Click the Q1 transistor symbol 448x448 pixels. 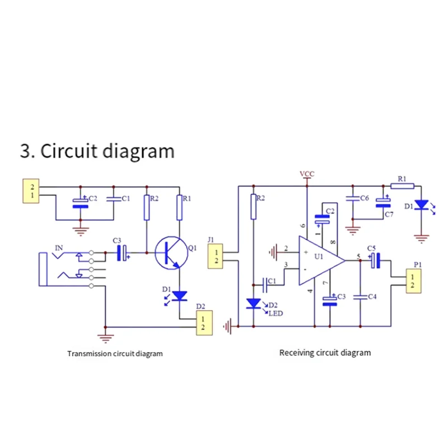point(171,253)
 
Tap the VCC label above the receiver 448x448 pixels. point(307,174)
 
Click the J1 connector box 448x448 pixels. point(215,256)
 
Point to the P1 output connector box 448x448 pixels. point(413,281)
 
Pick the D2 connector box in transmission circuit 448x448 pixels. point(204,323)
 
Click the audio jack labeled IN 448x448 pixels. point(72,269)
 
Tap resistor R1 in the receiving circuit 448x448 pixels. point(402,186)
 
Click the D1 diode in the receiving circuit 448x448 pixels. point(422,205)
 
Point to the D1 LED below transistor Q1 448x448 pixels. point(179,296)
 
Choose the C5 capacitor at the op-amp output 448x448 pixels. point(375,260)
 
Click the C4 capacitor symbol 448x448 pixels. point(361,297)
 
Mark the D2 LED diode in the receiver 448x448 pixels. point(254,304)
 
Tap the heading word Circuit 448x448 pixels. point(69,151)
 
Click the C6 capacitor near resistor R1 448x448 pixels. point(353,198)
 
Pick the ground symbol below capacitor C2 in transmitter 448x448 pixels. point(81,231)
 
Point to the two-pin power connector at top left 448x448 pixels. point(31,191)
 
